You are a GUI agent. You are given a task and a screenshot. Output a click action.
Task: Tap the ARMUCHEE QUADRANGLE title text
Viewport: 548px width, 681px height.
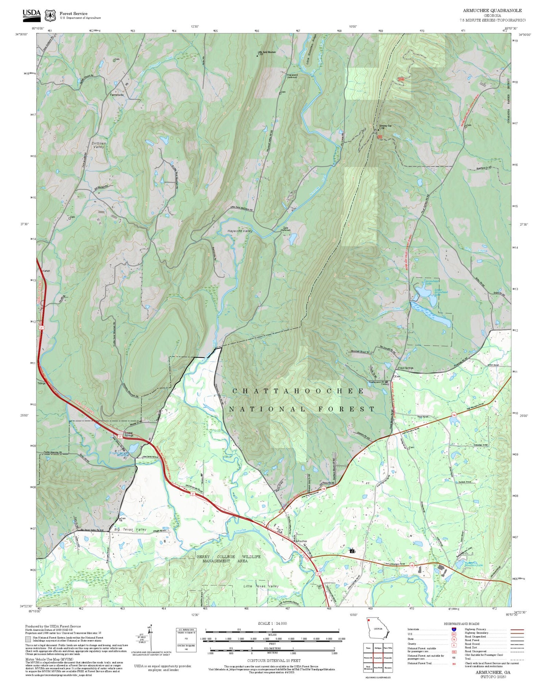click(x=492, y=10)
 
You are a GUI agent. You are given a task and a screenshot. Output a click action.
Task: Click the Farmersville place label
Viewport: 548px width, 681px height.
click(x=117, y=95)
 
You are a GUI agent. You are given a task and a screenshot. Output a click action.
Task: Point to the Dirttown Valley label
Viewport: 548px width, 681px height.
click(x=99, y=145)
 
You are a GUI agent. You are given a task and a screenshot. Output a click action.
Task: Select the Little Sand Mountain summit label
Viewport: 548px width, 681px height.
click(x=267, y=52)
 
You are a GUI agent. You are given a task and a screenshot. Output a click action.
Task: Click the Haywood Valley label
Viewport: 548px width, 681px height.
click(x=240, y=231)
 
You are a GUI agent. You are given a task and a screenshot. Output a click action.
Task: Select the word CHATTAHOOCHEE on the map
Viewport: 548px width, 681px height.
click(x=298, y=391)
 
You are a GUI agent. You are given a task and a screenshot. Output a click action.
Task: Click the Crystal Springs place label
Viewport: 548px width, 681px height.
click(x=129, y=434)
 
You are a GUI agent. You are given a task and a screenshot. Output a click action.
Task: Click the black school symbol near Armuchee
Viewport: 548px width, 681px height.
click(x=351, y=550)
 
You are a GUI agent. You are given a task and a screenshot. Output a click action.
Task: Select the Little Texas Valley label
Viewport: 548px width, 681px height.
click(x=261, y=586)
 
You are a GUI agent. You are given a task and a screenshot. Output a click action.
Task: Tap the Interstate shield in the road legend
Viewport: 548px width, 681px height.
click(x=453, y=629)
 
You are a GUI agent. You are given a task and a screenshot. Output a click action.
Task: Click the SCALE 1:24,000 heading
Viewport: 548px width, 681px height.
click(x=272, y=623)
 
